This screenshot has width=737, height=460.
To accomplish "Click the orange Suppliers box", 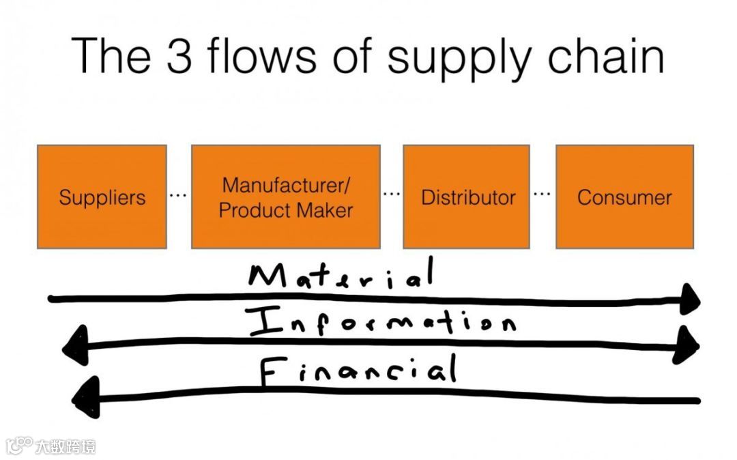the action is (x=102, y=197).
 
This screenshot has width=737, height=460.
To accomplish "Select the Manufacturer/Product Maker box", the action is (x=285, y=197).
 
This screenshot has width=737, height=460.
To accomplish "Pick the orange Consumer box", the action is (x=624, y=197).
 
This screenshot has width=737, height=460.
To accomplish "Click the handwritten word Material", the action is (x=340, y=276).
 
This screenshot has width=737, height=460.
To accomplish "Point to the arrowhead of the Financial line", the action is (x=85, y=398).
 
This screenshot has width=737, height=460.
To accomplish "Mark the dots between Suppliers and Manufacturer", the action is (x=177, y=196).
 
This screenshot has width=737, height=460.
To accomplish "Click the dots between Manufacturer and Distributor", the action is (x=391, y=195).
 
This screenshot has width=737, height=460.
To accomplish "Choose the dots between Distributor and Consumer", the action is (x=542, y=194).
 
